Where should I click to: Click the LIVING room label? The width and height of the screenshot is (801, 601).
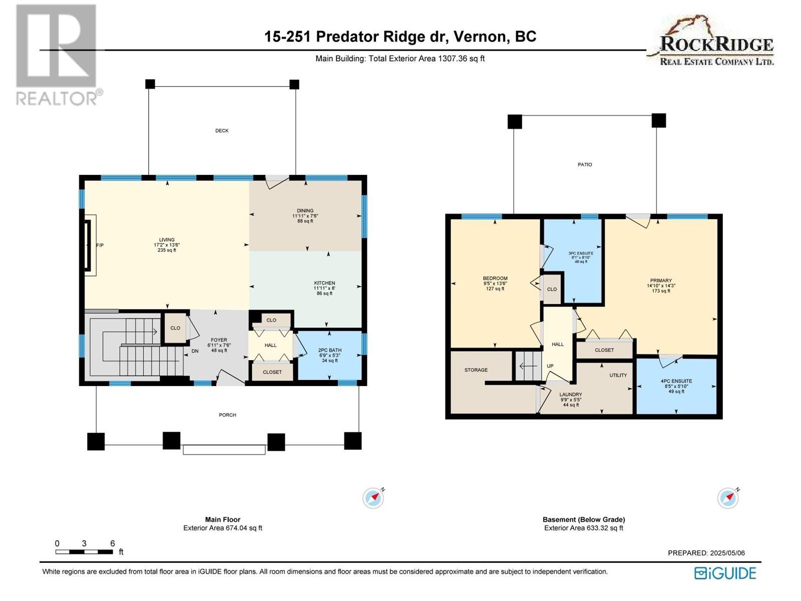[167, 240]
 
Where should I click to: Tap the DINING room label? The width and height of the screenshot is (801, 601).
[305, 210]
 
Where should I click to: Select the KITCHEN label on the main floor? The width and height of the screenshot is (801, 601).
[324, 283]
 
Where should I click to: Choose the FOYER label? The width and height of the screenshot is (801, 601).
[219, 340]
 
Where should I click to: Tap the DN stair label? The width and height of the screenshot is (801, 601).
[195, 351]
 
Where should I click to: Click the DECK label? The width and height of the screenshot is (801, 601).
[222, 131]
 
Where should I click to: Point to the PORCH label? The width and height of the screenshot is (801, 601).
[227, 415]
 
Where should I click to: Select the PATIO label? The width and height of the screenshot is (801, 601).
[585, 165]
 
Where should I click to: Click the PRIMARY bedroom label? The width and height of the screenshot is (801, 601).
[661, 280]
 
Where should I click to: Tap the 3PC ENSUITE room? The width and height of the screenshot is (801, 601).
[573, 260]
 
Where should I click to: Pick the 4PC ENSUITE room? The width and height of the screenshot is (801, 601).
[676, 386]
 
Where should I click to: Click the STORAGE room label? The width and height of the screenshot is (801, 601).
[476, 370]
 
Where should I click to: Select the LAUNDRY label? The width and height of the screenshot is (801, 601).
[571, 395]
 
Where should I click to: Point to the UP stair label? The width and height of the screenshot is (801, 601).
[550, 366]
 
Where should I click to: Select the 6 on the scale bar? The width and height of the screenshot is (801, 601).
[113, 544]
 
